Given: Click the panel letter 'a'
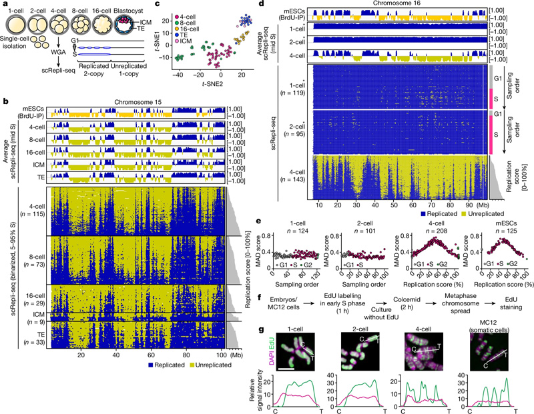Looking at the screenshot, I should pyautogui.click(x=5, y=5).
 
